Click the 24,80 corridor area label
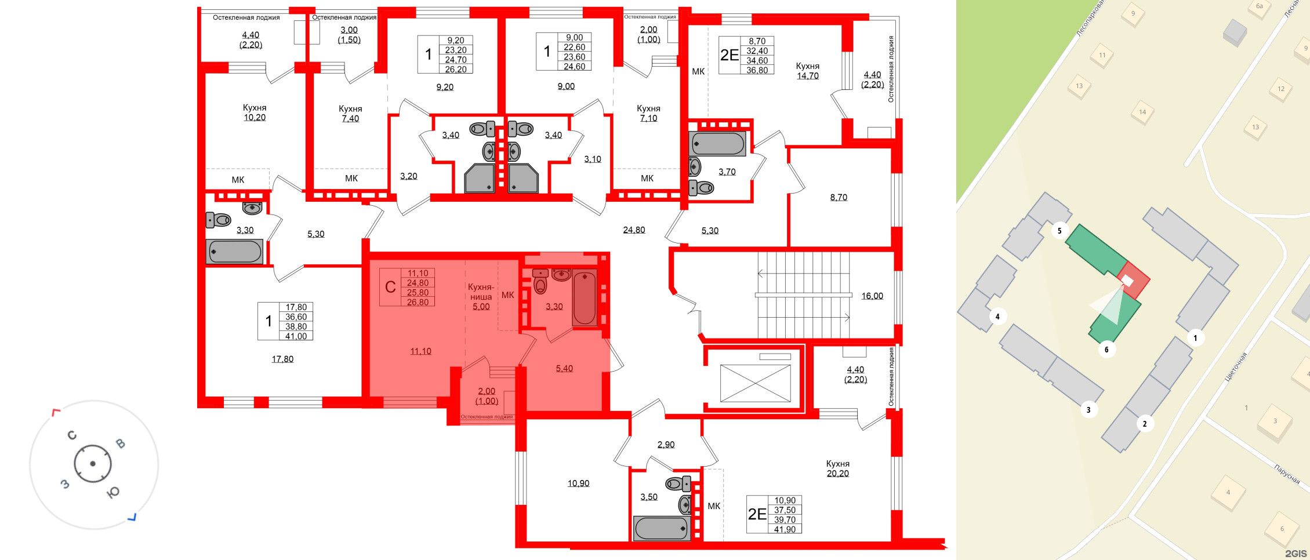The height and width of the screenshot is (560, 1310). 634,230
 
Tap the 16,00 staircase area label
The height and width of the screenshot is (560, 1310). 872,296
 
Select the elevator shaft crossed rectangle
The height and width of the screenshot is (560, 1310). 755,383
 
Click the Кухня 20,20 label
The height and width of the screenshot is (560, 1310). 837,468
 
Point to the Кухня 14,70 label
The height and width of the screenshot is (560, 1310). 807,71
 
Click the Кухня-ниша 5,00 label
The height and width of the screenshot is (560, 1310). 481,297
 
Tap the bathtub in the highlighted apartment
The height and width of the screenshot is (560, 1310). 584,299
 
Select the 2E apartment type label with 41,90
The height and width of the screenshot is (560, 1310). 757,514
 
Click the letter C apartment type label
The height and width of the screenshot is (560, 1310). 390,287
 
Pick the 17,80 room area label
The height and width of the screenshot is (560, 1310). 282,359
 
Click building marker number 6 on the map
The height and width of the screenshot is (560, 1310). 1106,350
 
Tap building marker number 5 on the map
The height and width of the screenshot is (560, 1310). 1059,231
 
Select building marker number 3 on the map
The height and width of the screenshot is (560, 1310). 1088,410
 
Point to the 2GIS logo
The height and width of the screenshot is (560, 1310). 1296,554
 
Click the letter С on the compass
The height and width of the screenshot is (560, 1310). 72,435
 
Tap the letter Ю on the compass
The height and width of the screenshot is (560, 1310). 113,492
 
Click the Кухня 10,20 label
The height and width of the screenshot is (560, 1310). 254,112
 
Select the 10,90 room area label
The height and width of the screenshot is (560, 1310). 578,483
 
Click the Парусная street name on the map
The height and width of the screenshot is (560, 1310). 1287,474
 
